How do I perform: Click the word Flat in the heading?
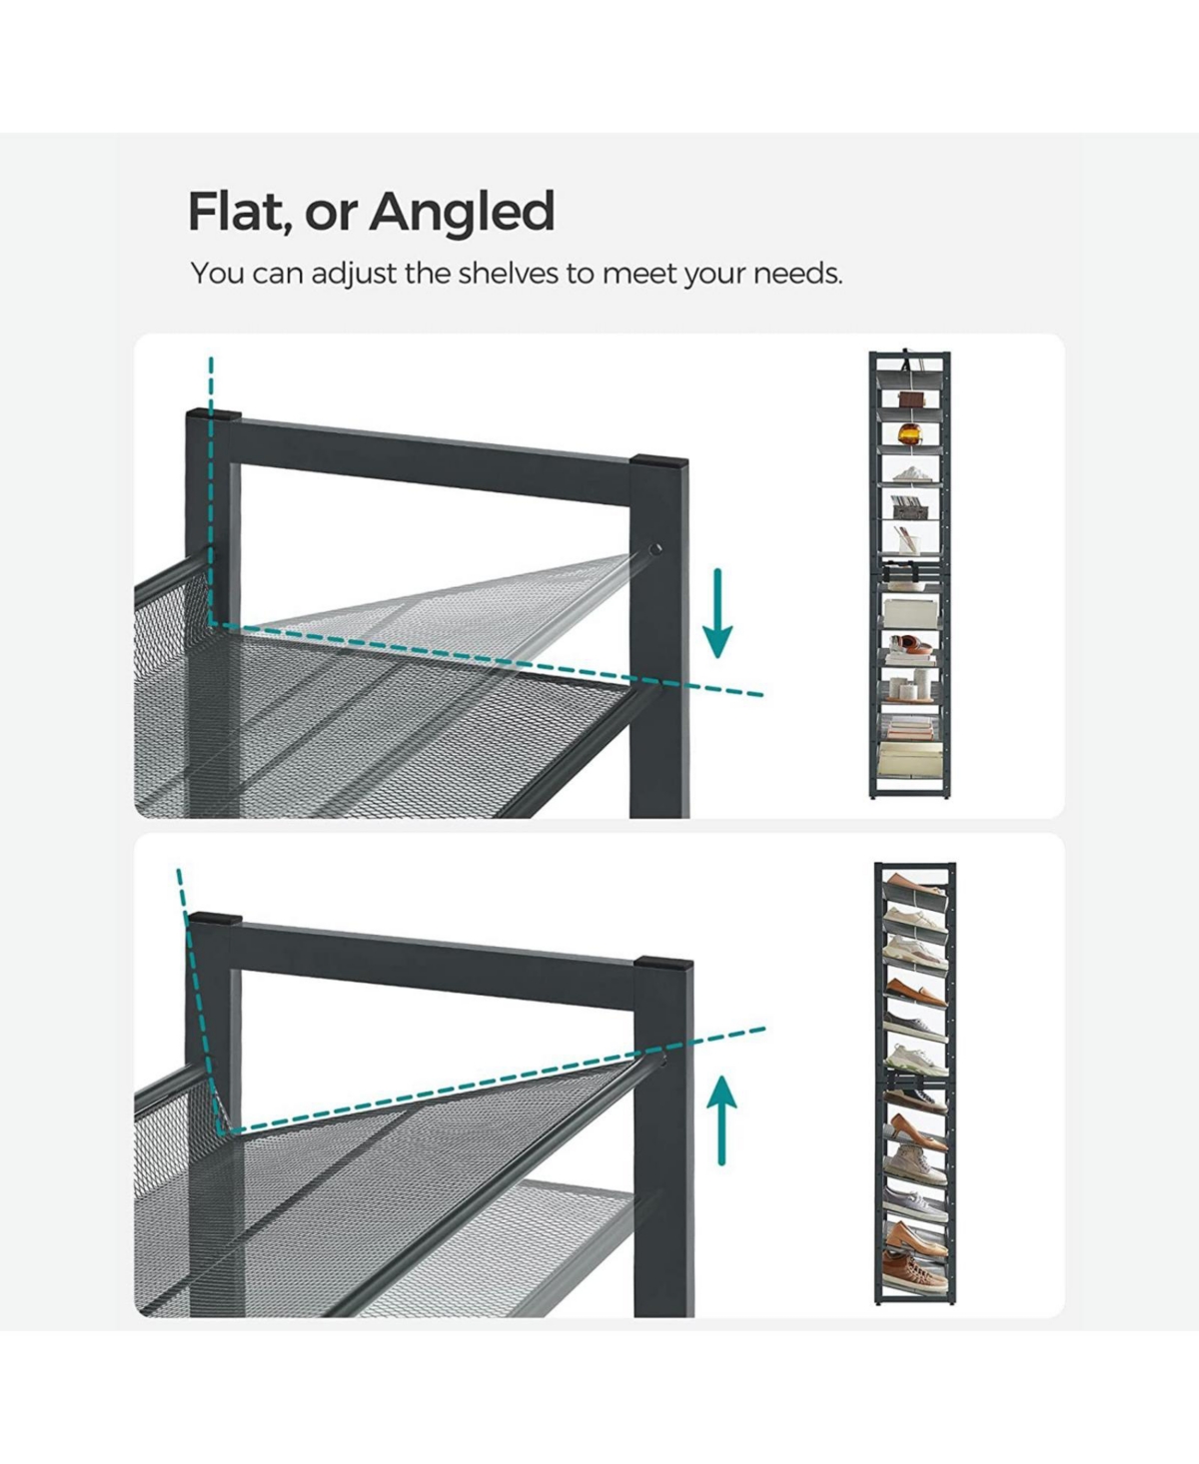point(237,212)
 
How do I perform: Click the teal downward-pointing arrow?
point(717,612)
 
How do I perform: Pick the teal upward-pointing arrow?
point(723,1119)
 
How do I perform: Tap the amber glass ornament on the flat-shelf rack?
point(909,434)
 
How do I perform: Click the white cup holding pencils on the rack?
point(906,540)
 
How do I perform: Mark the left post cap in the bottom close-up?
point(215,919)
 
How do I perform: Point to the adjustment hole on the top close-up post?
point(654,550)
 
